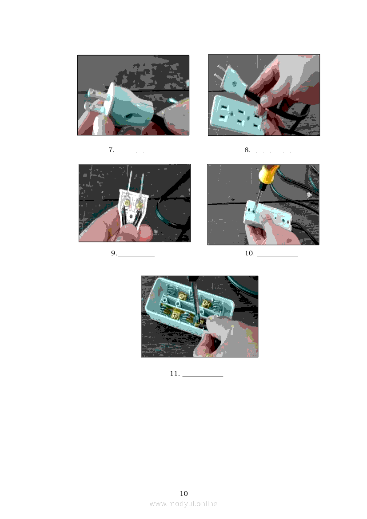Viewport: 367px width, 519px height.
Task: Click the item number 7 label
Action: pos(111,150)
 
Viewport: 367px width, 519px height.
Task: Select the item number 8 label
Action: pos(247,150)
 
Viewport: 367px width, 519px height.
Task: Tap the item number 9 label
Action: pos(114,253)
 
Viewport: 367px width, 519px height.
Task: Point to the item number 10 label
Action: pos(250,253)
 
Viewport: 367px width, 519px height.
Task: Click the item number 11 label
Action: pos(175,374)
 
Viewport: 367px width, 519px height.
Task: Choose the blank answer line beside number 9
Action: pos(136,256)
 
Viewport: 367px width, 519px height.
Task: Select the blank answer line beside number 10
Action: pos(278,256)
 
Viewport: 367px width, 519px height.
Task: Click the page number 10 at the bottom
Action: pos(184,494)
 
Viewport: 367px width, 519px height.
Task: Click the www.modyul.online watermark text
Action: pos(183,504)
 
